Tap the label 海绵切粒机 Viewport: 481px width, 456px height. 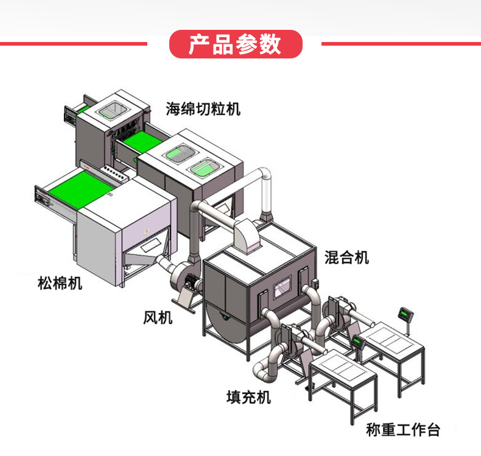click(x=203, y=110)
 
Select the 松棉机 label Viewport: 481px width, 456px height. click(x=59, y=283)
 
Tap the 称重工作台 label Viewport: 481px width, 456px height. click(x=402, y=430)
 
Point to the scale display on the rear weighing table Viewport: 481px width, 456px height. click(x=404, y=314)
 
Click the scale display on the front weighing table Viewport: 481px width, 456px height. click(x=357, y=342)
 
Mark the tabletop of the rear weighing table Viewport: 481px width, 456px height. click(x=390, y=337)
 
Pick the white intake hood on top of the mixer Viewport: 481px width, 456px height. click(x=246, y=234)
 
